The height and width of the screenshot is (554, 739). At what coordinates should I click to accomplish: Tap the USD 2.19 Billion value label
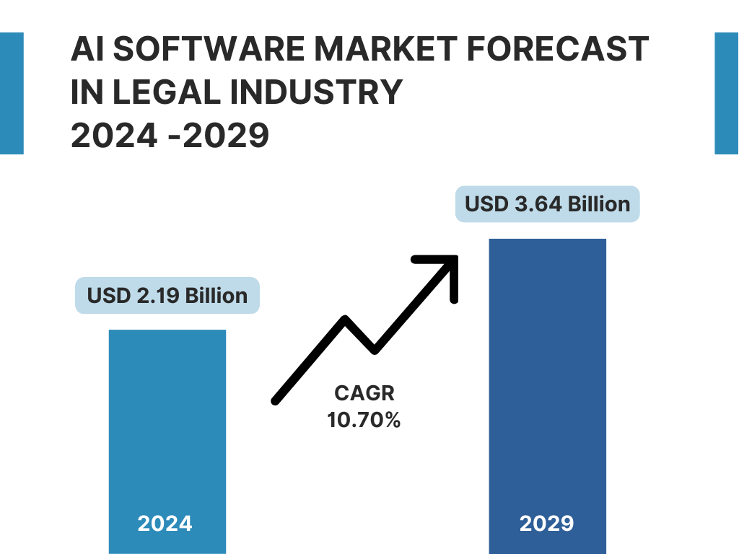[167, 296]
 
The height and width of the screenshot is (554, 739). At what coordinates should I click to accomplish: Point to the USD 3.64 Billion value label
[548, 204]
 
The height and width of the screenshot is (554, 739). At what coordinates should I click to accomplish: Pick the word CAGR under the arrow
[364, 394]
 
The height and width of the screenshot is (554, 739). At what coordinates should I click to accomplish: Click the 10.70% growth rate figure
[364, 419]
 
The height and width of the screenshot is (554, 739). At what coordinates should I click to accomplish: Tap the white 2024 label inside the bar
[165, 523]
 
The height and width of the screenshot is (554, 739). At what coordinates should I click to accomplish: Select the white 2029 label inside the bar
[547, 523]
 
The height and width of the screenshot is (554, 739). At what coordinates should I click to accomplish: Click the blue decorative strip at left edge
[12, 93]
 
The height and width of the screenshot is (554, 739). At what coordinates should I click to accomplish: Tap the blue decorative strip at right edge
[727, 93]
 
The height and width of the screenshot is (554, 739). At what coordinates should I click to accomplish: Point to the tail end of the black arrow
[276, 399]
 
